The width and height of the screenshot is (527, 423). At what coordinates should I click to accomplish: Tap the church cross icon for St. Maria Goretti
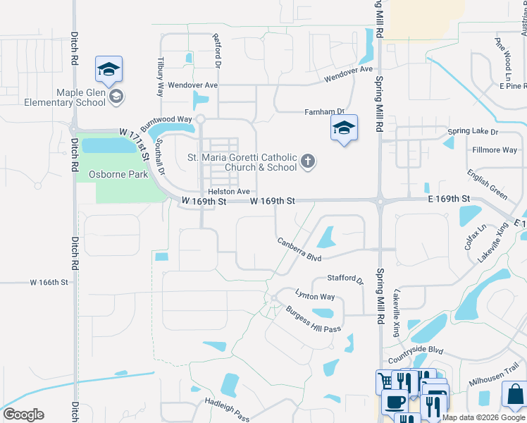tap(307, 162)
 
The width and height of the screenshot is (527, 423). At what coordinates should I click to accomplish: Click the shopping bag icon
tap(515, 394)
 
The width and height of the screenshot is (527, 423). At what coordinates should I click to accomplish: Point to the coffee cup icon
tap(394, 403)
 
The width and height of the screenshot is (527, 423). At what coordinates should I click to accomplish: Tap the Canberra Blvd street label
tap(299, 248)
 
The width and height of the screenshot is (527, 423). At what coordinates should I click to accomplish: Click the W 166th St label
tap(49, 282)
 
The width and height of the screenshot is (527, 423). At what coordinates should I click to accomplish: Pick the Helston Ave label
tap(229, 192)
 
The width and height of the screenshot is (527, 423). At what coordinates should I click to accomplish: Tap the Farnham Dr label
tap(323, 111)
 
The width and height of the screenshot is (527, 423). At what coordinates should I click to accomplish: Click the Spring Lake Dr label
tap(472, 132)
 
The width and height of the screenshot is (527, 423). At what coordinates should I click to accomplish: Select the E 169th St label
tap(448, 201)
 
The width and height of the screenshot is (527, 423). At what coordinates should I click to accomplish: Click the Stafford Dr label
tap(345, 280)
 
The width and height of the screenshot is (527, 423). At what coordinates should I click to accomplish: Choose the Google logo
tap(23, 415)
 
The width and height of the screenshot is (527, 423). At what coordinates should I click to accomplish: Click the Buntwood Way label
tap(166, 119)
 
